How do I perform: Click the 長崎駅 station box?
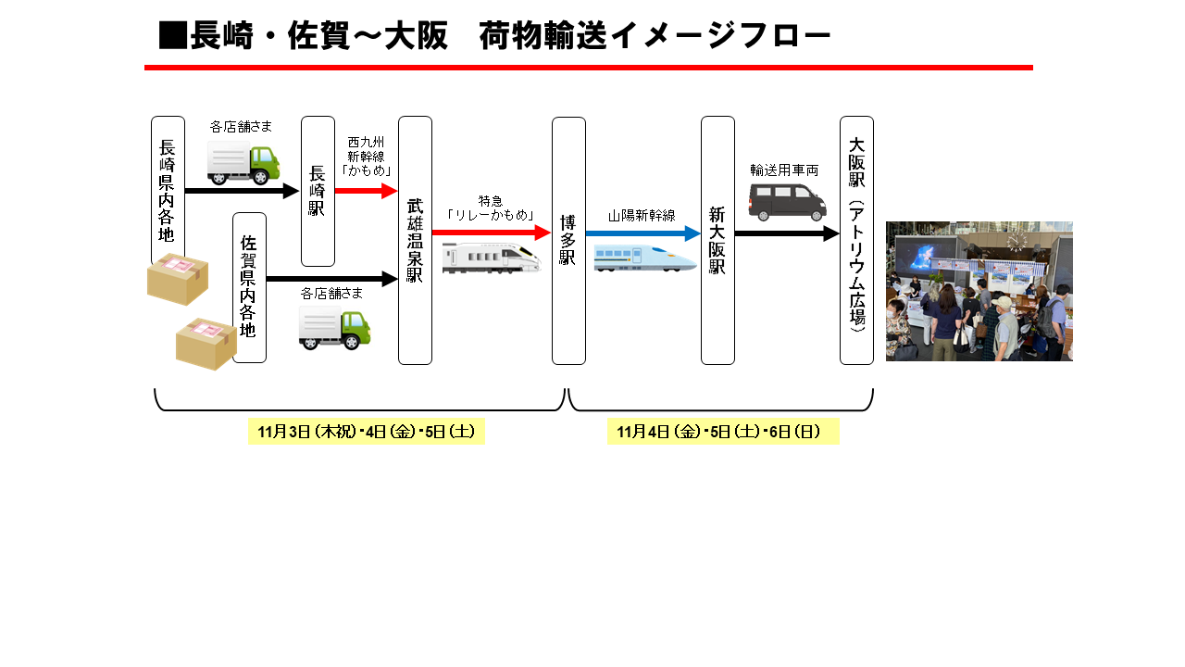pos(318,192)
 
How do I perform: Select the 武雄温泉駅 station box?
pos(415,241)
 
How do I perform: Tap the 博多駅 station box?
pos(568,241)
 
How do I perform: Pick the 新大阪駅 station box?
pos(717,241)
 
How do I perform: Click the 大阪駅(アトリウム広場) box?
pos(856,241)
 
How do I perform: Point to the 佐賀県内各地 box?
pos(249,287)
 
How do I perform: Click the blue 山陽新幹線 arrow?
pos(642,234)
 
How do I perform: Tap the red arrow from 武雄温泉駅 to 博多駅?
pos(491,233)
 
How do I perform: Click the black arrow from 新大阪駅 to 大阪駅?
pos(786,233)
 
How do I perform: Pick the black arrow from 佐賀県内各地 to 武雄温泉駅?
pos(331,279)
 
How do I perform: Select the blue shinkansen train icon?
pos(644,258)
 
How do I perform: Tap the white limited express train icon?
pos(491,258)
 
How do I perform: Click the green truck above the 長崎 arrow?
pos(243,164)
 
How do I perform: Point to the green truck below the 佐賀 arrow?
pos(334,329)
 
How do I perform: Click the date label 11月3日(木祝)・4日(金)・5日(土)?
pos(366,432)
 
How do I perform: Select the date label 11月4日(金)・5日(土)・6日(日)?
pos(723,432)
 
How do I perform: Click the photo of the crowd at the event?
pos(979,291)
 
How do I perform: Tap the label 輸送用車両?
pos(784,170)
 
